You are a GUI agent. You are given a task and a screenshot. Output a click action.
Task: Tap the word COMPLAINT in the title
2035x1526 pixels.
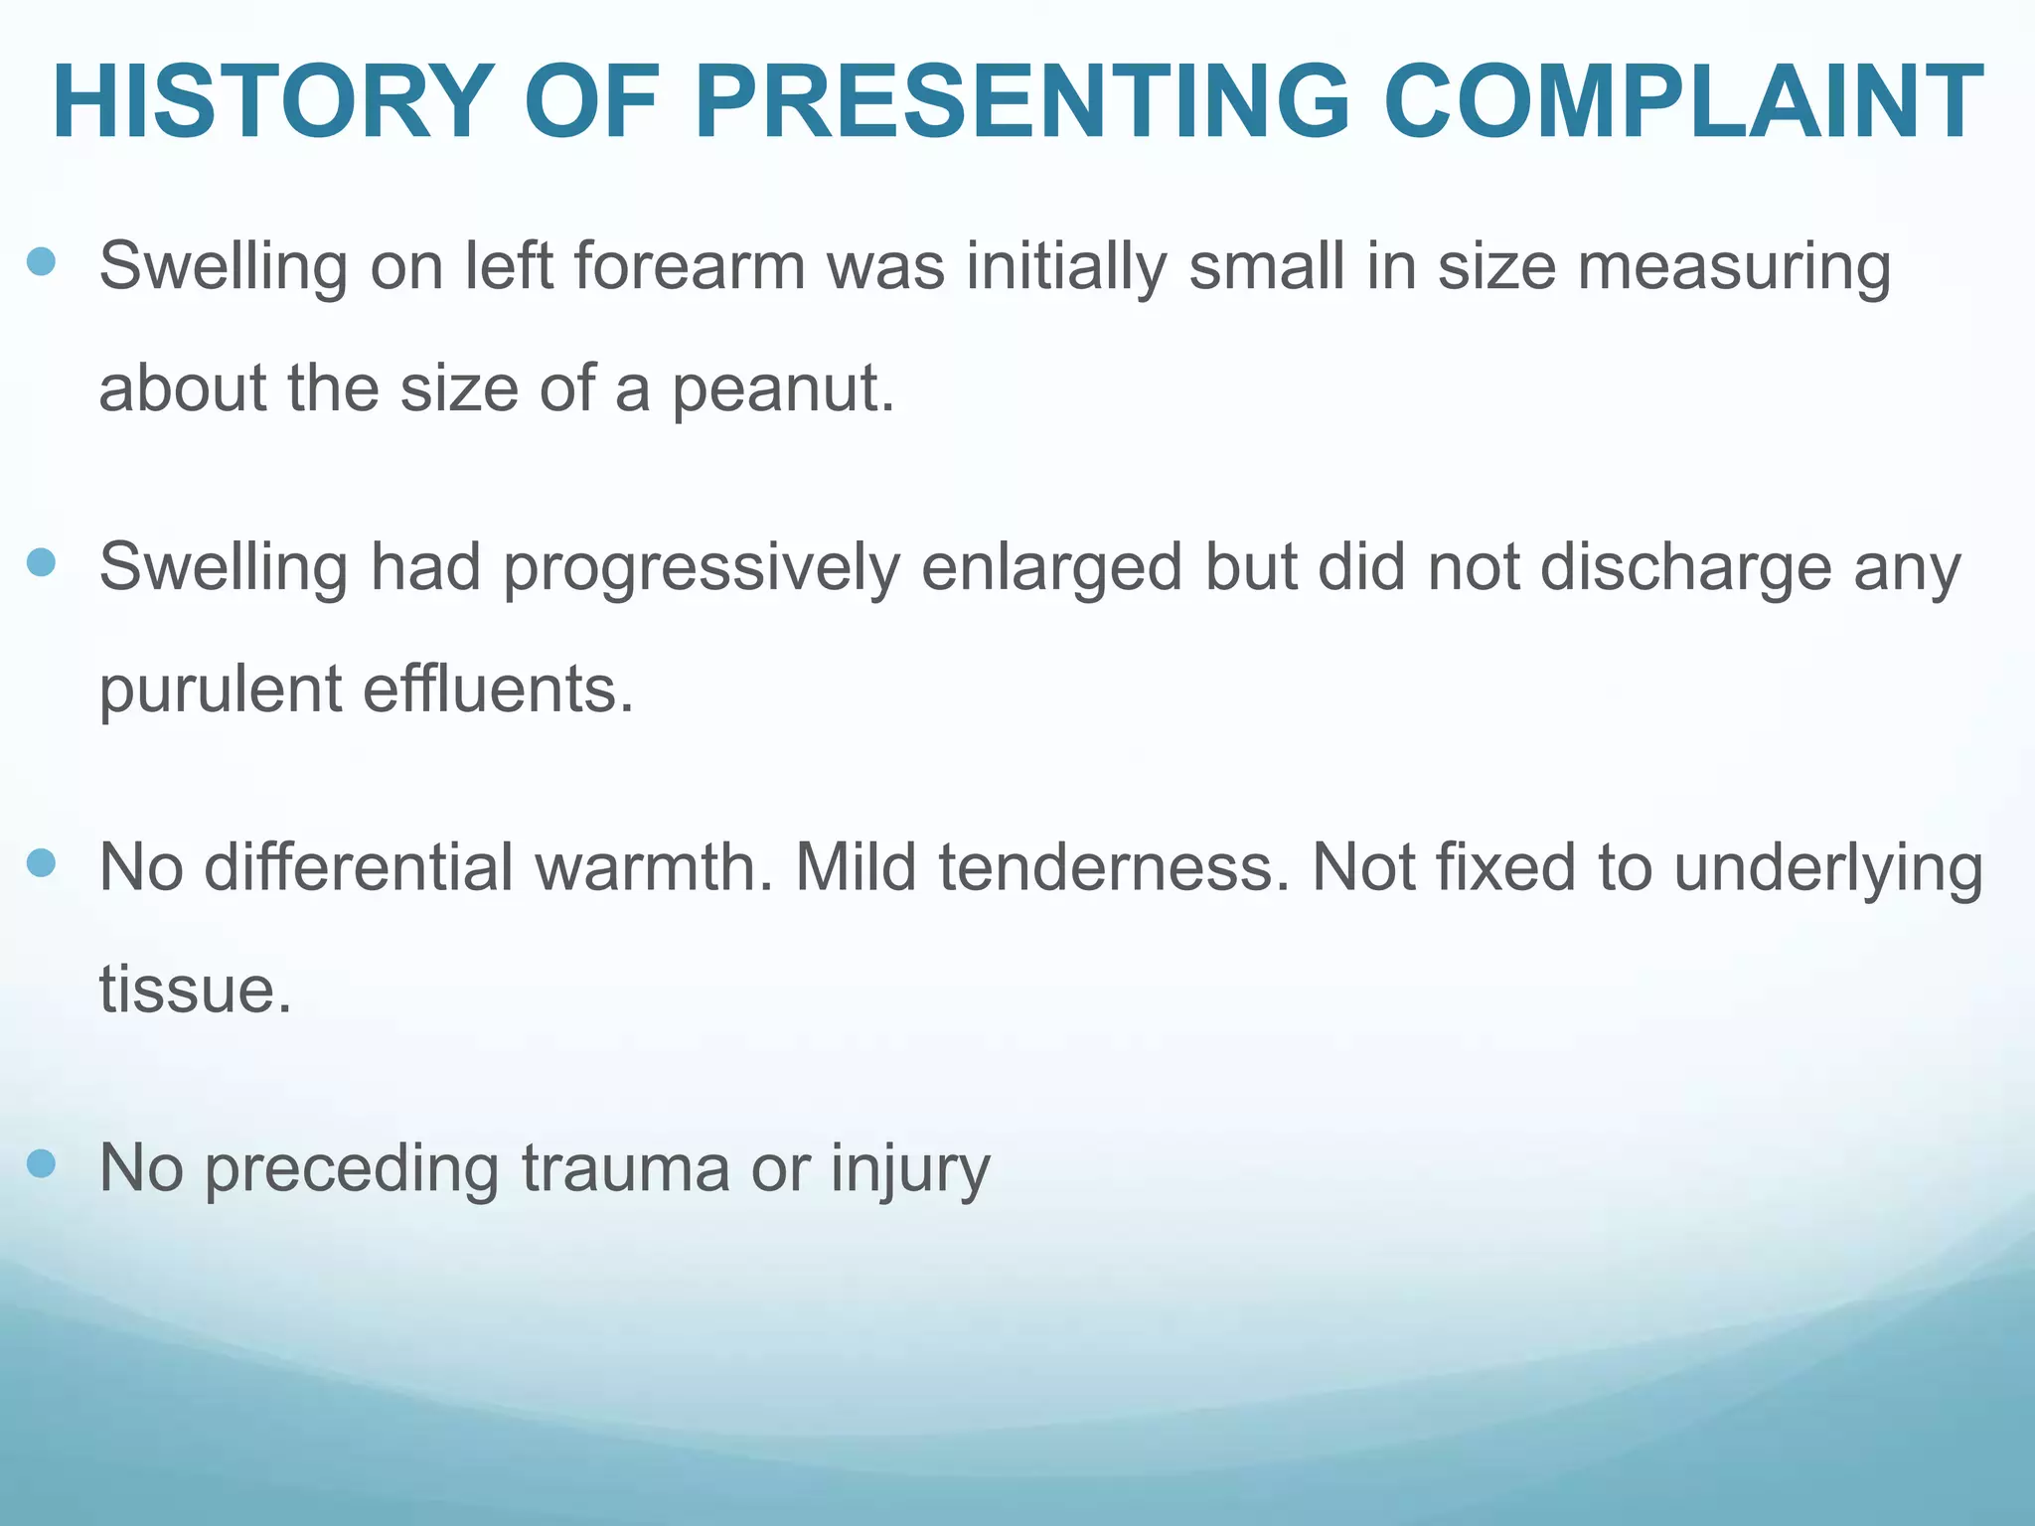pyautogui.click(x=1683, y=102)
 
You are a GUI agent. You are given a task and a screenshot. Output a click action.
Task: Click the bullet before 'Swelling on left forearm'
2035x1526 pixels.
pyautogui.click(x=41, y=262)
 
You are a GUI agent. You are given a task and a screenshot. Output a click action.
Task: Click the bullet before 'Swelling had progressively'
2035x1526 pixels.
pyautogui.click(x=41, y=563)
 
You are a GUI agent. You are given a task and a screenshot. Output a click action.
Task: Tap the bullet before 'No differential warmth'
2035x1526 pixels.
pyautogui.click(x=41, y=863)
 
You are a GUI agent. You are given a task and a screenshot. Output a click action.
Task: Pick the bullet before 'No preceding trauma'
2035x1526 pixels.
pyautogui.click(x=41, y=1163)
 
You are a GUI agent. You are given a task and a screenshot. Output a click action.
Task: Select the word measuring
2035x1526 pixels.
pyautogui.click(x=1734, y=268)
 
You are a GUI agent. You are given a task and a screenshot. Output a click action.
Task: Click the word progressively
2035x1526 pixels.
pyautogui.click(x=702, y=568)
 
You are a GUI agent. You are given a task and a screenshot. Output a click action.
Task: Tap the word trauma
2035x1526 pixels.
pyautogui.click(x=625, y=1168)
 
